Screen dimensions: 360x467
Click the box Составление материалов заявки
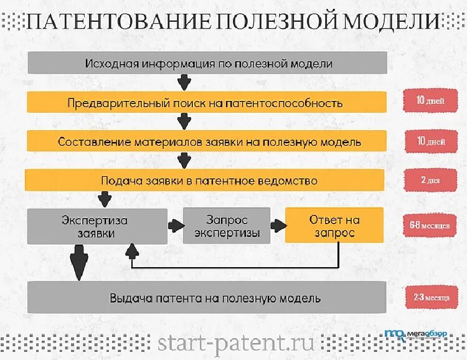[x=209, y=141]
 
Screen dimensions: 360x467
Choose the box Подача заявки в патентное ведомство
[x=209, y=181]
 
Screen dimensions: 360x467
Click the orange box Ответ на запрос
[x=334, y=226]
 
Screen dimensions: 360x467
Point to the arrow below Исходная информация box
[x=184, y=82]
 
